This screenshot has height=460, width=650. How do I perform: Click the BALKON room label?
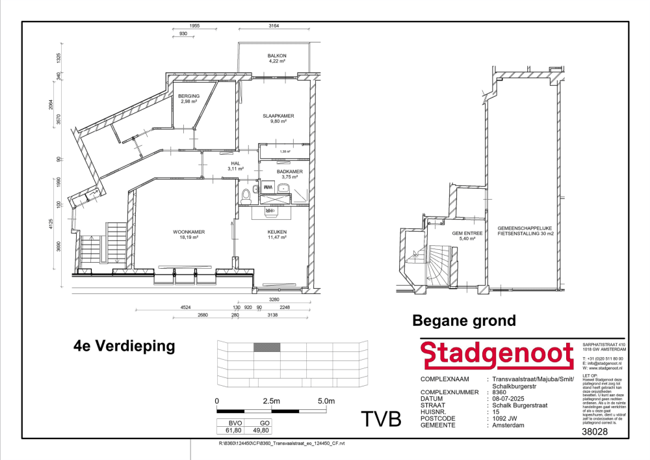[x=277, y=56]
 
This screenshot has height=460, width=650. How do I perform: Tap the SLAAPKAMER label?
[x=278, y=116]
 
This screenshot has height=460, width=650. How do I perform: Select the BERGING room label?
[x=189, y=96]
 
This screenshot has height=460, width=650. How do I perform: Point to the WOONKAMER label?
[x=189, y=232]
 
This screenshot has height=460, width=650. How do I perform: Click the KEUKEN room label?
[x=277, y=232]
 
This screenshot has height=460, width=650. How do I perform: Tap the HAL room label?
[x=235, y=165]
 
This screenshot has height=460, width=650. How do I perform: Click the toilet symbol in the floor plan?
[x=246, y=195]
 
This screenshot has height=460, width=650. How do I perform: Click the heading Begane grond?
[x=464, y=320]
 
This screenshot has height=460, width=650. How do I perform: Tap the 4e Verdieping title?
[x=124, y=345]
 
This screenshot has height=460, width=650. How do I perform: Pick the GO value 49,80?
[x=259, y=430]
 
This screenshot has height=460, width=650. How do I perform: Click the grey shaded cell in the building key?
[x=266, y=347]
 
